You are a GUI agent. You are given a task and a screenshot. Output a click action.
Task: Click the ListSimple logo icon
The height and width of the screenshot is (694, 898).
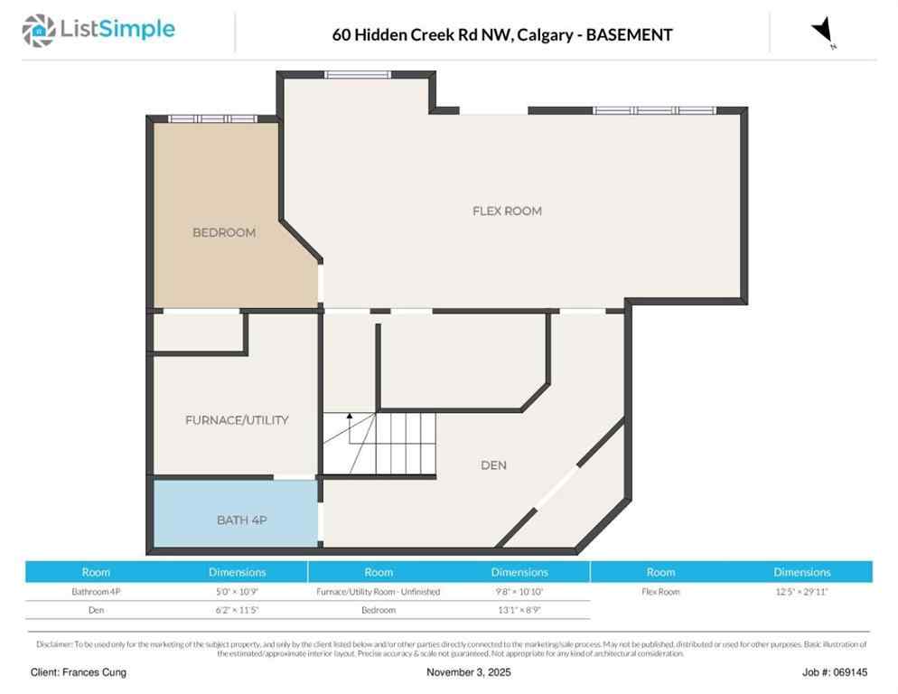pos(38,31)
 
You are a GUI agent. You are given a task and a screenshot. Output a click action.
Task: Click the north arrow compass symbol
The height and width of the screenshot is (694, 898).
pos(823,33)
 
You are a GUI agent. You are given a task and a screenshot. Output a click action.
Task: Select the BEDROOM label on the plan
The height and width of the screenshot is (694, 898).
pos(224,232)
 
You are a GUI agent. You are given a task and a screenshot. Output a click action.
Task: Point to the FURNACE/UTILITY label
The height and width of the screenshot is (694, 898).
pos(237,420)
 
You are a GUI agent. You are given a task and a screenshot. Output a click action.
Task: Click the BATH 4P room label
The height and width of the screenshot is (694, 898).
pos(241,520)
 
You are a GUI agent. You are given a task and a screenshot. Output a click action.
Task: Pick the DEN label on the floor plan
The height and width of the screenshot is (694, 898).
pos(493,465)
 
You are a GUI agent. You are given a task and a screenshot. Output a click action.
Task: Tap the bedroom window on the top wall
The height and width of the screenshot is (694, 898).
pos(213,118)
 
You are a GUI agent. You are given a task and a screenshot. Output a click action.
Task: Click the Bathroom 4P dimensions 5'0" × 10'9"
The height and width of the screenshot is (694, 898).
pos(237,592)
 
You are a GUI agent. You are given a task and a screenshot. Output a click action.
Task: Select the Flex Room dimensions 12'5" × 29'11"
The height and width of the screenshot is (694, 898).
pos(801,592)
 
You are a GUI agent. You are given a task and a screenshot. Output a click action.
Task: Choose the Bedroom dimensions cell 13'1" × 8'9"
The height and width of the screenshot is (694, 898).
pos(519,610)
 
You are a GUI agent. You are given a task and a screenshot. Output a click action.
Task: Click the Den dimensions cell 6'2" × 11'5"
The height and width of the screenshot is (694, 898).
pos(237,610)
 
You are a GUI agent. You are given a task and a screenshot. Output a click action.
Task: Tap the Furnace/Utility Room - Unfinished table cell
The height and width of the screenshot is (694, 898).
pos(379,592)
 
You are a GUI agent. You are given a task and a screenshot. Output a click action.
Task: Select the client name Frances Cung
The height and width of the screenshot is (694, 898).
pos(79,672)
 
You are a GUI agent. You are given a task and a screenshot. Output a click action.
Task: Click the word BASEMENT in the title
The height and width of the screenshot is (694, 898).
pos(629,35)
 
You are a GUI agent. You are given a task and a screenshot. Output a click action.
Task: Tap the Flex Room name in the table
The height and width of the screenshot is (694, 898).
pos(660,592)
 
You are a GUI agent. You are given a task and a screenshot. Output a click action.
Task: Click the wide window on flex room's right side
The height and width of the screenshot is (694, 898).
pos(654,110)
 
